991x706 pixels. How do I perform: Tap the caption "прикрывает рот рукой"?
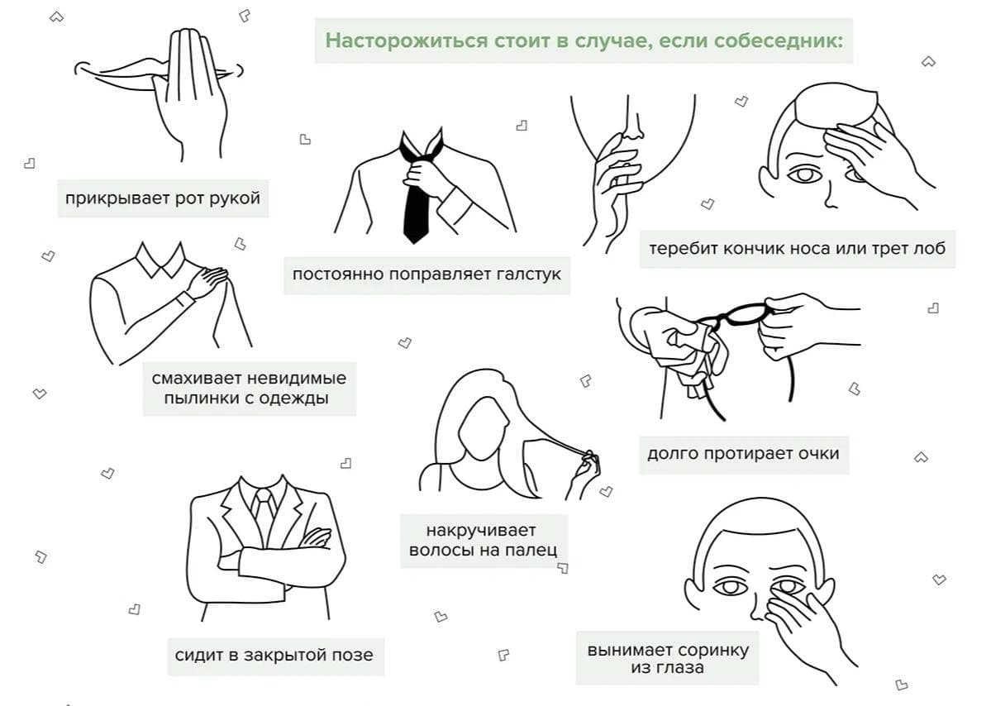coord(163,198)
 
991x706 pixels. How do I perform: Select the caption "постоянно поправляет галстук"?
coord(426,275)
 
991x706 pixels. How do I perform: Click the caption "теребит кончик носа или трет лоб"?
coord(797,248)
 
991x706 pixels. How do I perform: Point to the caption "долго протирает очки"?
coord(743,454)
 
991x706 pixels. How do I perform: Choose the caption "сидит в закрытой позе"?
coord(274,656)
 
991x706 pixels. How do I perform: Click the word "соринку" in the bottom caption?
coord(712,651)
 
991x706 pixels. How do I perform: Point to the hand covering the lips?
coord(189,95)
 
